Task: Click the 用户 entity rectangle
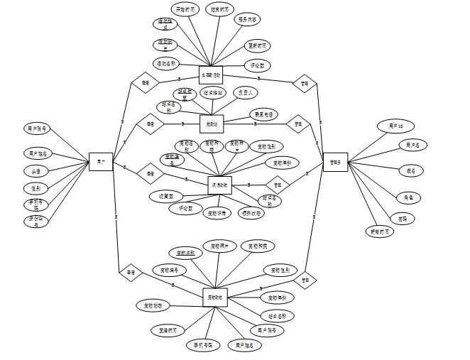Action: pos(102,163)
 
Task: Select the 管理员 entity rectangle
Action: pos(334,163)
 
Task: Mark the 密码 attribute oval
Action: pos(403,219)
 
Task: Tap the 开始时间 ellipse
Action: pos(187,10)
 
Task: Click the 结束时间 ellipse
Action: pos(220,10)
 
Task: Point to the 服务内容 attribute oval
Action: pos(248,19)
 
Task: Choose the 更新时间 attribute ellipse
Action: pos(258,45)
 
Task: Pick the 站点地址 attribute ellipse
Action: pos(213,92)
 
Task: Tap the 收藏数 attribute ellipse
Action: pos(166,195)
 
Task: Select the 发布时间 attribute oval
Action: pos(168,330)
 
